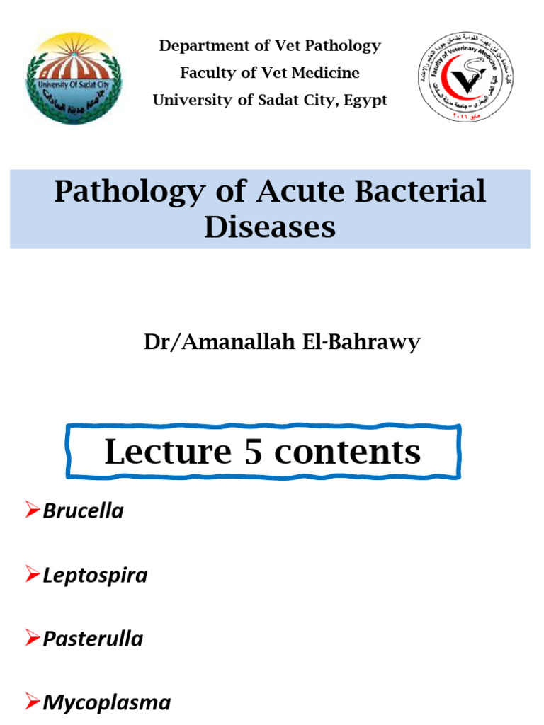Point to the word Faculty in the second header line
[x=206, y=73]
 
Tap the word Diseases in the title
[x=270, y=227]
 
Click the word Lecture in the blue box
[x=168, y=452]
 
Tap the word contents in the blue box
[x=347, y=452]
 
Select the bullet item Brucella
[x=83, y=511]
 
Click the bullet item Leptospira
[x=95, y=576]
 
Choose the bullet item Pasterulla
[x=93, y=639]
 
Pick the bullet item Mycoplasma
[x=106, y=702]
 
